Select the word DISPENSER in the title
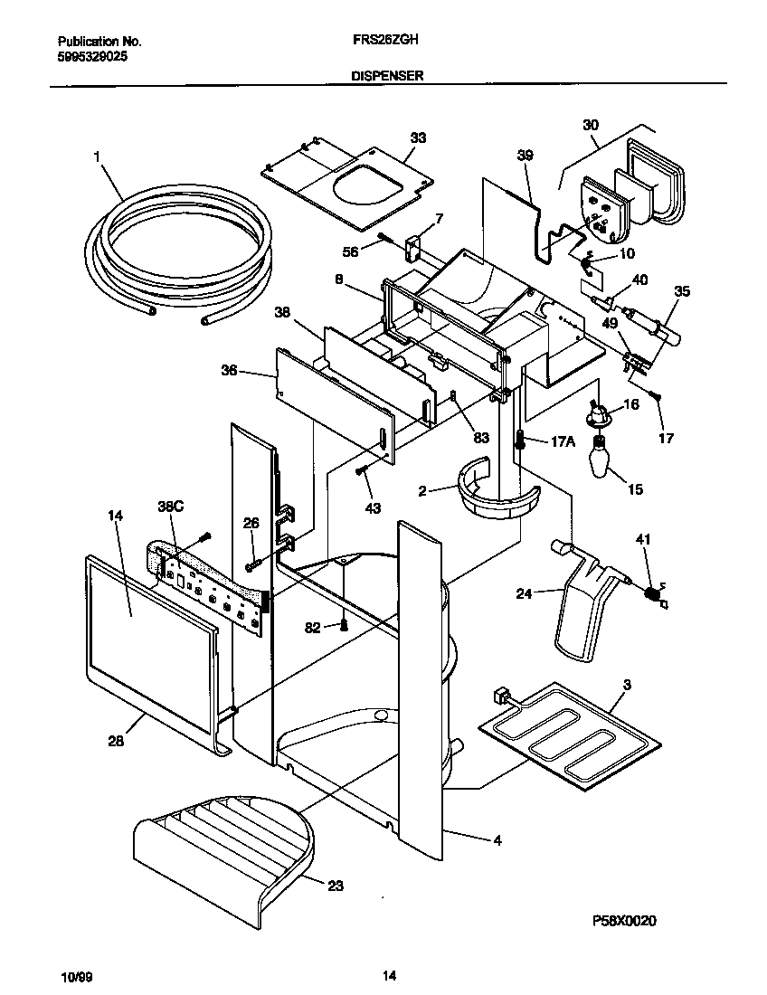[387, 78]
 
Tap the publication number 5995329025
[91, 54]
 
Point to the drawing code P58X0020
[624, 921]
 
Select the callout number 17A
[562, 441]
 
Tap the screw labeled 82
[344, 624]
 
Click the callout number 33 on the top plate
[417, 137]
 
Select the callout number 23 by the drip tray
[335, 886]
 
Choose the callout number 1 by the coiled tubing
[95, 156]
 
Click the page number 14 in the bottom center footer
[388, 976]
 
